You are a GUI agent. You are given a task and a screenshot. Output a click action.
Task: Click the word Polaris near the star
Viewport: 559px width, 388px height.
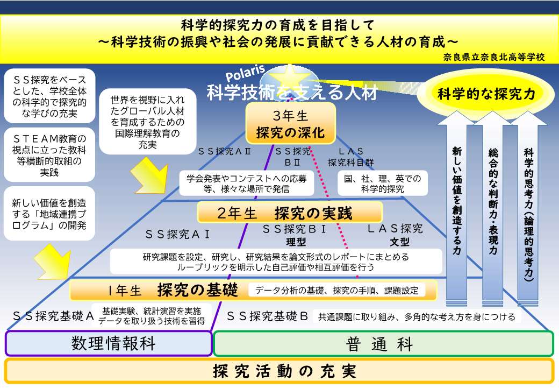click(245, 73)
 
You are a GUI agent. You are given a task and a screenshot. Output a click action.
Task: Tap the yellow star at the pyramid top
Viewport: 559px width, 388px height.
click(290, 77)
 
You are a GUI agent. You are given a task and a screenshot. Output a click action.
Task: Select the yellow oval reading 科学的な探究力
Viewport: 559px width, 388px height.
click(486, 94)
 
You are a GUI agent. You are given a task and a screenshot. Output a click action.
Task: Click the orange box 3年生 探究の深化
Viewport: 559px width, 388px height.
click(291, 123)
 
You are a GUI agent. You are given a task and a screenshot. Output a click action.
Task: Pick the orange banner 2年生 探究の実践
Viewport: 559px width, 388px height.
click(290, 213)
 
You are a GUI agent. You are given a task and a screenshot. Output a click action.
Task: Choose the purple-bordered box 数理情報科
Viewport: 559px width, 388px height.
click(109, 343)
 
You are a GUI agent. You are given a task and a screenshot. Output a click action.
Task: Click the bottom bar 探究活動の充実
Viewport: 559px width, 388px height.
click(279, 371)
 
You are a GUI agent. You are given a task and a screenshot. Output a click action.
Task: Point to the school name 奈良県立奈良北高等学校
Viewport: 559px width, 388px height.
click(494, 57)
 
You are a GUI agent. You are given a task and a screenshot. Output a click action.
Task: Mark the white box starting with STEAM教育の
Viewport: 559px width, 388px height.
click(49, 155)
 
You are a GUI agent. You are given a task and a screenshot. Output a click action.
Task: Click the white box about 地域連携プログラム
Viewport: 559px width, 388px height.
click(49, 214)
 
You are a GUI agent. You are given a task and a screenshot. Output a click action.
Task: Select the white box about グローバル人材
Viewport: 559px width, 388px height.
click(148, 122)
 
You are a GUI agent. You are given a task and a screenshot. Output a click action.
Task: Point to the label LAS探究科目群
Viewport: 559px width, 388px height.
click(351, 157)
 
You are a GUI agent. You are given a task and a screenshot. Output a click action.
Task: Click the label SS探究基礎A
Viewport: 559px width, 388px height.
click(53, 316)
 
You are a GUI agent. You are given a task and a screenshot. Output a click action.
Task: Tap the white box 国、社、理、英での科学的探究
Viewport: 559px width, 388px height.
click(383, 184)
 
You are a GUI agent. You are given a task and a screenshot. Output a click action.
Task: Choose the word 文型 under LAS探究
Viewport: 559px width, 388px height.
click(399, 242)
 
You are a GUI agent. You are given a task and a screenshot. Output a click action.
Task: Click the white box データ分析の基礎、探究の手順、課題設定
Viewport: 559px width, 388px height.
click(336, 290)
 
